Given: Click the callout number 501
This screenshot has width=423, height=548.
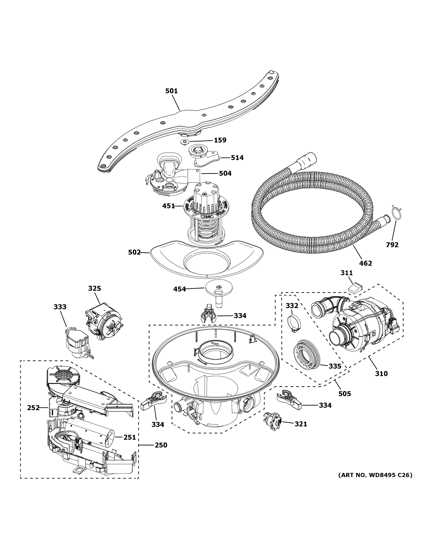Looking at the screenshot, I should coord(171,91).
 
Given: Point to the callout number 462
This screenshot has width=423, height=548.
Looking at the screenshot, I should coord(365,263).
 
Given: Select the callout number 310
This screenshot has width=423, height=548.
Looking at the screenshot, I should coord(381,374).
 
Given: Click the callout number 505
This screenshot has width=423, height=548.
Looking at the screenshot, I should coord(345,394).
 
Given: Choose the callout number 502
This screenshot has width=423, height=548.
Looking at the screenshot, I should coord(134,252).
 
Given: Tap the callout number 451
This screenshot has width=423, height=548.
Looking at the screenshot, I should coord(168,206).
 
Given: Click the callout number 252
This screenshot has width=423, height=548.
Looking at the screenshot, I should coord(33,408).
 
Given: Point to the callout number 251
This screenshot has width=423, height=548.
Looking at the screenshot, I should coord(130,437).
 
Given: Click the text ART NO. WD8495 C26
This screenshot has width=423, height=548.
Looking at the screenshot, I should coord(375,475).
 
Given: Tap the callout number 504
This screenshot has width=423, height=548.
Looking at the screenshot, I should coord(225,173).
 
